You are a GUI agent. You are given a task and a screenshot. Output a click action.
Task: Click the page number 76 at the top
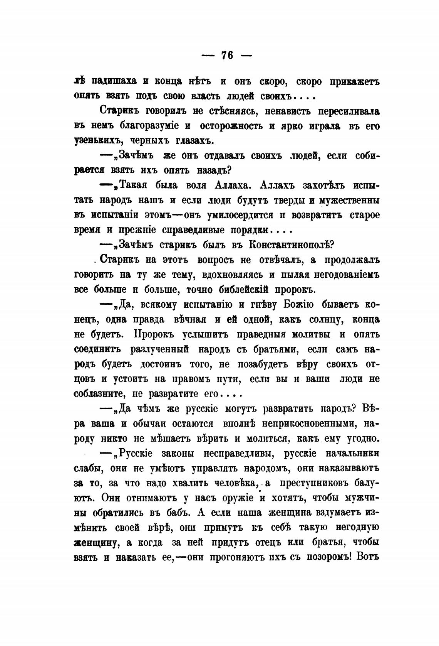(227, 55)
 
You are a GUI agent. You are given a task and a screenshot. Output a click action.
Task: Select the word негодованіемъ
(341, 275)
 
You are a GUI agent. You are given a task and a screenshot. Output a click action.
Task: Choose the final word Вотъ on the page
(369, 557)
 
